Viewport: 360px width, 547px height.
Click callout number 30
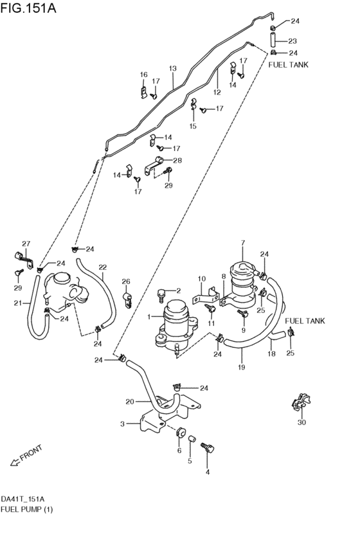[x=301, y=422]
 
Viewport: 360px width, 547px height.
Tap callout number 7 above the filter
[x=243, y=242]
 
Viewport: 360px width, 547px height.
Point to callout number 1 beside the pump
[x=149, y=317]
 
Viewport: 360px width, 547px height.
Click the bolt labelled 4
[x=207, y=448]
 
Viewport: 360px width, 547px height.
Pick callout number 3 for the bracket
[x=122, y=424]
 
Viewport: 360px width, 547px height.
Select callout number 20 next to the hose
[x=129, y=402]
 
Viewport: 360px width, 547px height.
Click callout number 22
[x=102, y=267]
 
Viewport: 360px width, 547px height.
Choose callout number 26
[x=126, y=281]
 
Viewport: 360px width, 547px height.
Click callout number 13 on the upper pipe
[x=172, y=69]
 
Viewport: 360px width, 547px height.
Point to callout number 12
[x=217, y=92]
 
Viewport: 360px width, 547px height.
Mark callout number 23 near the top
[x=292, y=41]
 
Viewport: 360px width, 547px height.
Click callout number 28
[x=177, y=160]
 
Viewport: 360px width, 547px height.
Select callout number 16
[x=144, y=75]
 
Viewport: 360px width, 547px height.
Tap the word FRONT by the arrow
[x=32, y=452]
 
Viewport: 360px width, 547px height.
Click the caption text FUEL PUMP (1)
[x=27, y=509]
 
